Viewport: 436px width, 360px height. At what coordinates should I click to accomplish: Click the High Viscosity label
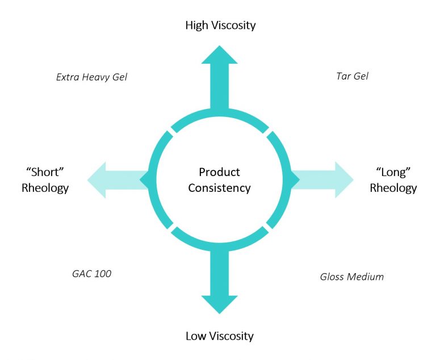pos(220,25)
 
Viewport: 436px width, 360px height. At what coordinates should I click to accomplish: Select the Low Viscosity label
pos(219,336)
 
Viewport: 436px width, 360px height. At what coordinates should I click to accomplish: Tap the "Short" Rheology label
pos(45,179)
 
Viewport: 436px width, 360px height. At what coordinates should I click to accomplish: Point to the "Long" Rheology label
pos(393,179)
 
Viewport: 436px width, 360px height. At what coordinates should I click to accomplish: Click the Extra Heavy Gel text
pos(91,77)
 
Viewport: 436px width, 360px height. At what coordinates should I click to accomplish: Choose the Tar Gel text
pos(352,76)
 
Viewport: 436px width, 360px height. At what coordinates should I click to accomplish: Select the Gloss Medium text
pos(352,277)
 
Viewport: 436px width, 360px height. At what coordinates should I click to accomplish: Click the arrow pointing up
pos(219,74)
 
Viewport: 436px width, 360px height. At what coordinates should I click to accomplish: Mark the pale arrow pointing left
pos(114,180)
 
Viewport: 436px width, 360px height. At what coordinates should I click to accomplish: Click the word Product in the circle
pos(219,172)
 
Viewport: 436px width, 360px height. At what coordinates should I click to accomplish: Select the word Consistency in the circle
pos(219,188)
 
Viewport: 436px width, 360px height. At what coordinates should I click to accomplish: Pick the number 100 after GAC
pos(102,274)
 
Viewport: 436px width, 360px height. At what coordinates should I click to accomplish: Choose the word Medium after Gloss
pos(366,277)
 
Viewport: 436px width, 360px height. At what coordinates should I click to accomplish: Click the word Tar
pos(343,76)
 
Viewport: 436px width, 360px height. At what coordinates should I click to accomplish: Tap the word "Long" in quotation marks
pos(393,171)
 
